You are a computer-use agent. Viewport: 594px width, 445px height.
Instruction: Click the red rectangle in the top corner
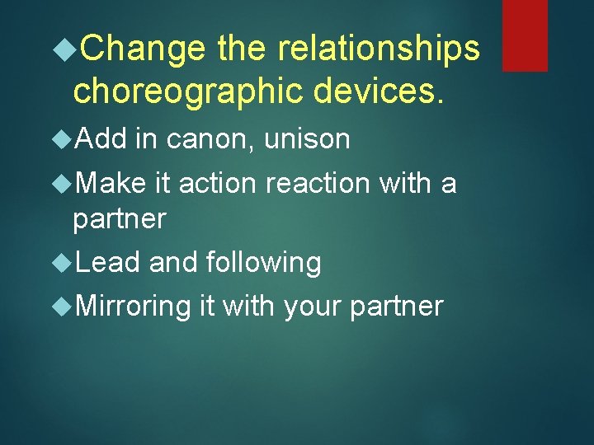coord(525,35)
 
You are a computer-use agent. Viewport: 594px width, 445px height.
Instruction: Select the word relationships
coord(378,49)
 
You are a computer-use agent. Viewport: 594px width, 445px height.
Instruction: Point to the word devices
coord(389,91)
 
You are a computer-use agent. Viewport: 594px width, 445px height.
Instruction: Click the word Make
coord(111,183)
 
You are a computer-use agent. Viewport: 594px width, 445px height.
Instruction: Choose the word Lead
coord(107,263)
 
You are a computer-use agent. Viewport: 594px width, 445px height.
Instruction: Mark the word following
coord(263,263)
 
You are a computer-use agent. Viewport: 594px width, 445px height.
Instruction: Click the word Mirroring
coord(133,307)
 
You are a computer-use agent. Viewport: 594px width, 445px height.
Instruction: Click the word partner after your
coord(397,307)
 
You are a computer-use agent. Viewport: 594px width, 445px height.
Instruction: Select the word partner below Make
coord(119,220)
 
